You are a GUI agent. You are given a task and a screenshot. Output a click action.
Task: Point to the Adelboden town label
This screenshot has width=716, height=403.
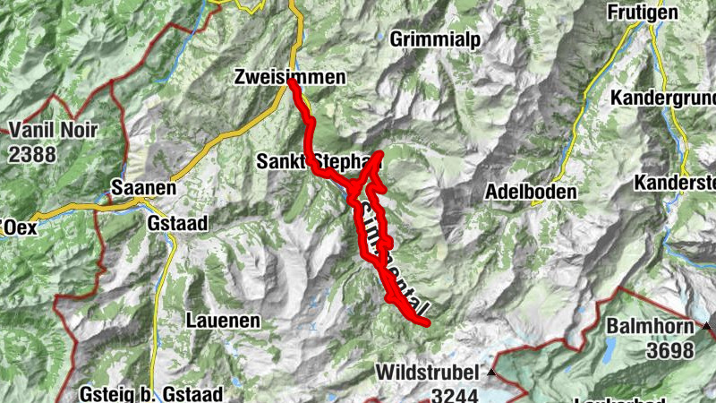531,192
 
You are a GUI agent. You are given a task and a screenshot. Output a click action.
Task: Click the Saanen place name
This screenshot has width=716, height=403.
141,188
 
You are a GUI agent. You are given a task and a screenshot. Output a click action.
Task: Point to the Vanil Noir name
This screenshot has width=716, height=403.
52,130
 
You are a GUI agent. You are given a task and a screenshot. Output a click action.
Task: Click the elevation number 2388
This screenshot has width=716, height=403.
32,153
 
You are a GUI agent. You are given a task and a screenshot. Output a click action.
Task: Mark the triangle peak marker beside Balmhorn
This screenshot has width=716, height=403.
708,326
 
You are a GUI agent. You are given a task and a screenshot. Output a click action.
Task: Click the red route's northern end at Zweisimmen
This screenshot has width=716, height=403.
294,83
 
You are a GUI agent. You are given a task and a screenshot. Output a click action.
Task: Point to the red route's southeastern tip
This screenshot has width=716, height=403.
427,322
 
